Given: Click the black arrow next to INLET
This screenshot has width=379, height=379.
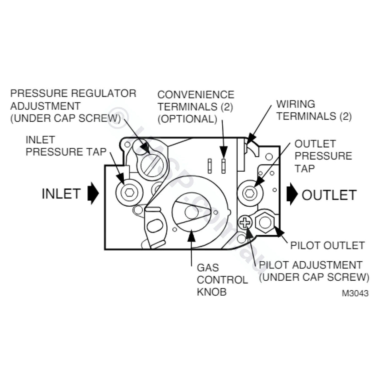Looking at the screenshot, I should (93, 194).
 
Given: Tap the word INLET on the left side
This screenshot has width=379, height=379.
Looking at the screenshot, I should (61, 194).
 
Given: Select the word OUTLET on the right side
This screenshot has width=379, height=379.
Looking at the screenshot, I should (329, 195).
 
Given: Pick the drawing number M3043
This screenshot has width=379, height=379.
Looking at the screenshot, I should (355, 293).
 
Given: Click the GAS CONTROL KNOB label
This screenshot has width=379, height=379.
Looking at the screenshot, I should (222, 280).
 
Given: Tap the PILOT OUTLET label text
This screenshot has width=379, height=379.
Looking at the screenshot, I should (327, 245).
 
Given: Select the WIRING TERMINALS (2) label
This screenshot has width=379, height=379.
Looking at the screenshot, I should (314, 110).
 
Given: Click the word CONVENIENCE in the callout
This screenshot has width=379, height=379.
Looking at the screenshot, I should (196, 95).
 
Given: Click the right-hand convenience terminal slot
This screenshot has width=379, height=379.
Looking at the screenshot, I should (223, 165).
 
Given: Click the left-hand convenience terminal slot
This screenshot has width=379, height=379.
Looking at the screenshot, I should (210, 165).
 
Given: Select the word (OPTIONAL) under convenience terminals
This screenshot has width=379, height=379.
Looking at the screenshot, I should (187, 119).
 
